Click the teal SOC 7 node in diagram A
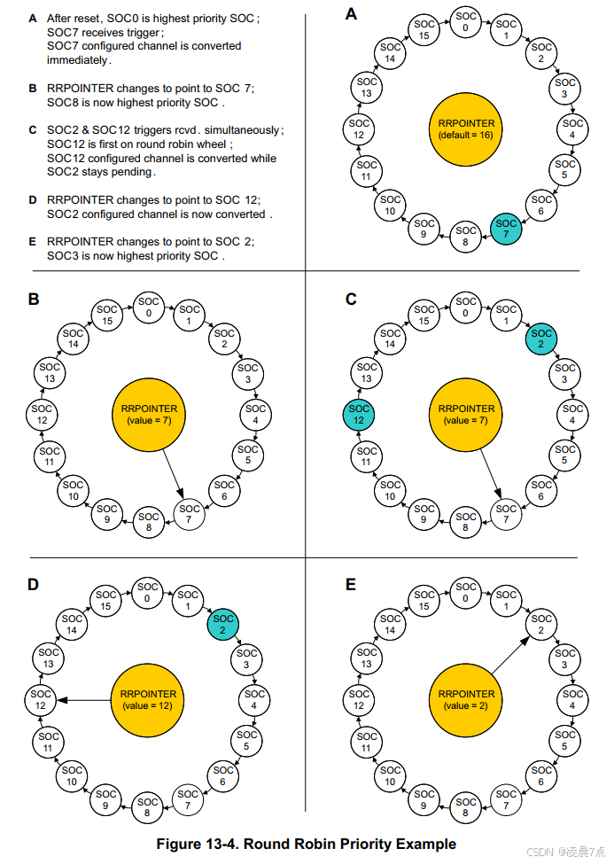pyautogui.click(x=506, y=229)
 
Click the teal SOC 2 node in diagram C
pyautogui.click(x=541, y=339)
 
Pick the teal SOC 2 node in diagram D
pyautogui.click(x=223, y=624)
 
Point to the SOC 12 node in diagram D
pyautogui.click(x=42, y=700)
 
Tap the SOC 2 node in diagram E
pyautogui.click(x=541, y=624)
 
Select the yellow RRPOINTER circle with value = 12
pyautogui.click(x=148, y=700)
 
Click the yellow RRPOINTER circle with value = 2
pyautogui.click(x=466, y=700)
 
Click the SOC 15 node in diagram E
pyautogui.click(x=425, y=601)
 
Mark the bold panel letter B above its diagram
pyautogui.click(x=34, y=300)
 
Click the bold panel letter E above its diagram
pyautogui.click(x=351, y=585)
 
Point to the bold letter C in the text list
pyautogui.click(x=33, y=130)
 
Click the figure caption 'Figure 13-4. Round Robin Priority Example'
pyautogui.click(x=307, y=844)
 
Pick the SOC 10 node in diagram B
pyautogui.click(x=73, y=490)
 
